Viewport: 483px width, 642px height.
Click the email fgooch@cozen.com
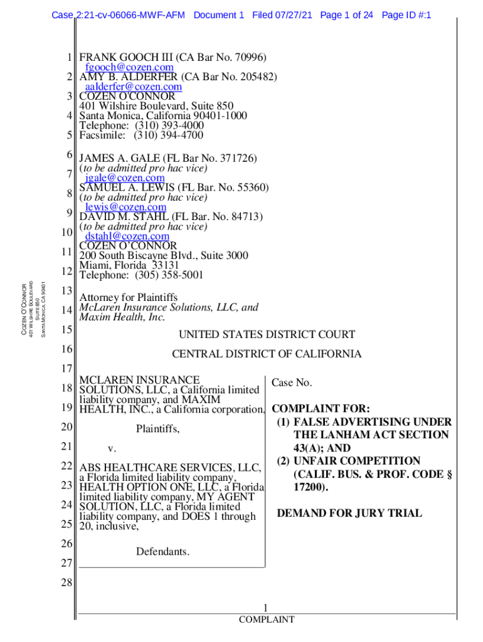tap(129, 67)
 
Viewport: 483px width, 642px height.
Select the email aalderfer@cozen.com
tap(134, 87)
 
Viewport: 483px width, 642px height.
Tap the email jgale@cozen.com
tap(125, 178)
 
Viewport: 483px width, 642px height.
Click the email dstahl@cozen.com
tap(127, 236)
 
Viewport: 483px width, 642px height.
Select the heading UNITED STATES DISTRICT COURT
tap(267, 335)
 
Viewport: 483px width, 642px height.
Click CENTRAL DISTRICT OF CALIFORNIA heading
tap(267, 354)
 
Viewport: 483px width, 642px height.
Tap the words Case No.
tap(292, 382)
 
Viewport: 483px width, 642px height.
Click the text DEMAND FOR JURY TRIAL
tap(349, 513)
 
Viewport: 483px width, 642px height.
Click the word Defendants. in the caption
tap(162, 552)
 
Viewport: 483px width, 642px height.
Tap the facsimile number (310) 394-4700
tap(166, 135)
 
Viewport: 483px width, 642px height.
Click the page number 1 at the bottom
tap(266, 608)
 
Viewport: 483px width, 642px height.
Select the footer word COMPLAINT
tap(266, 620)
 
